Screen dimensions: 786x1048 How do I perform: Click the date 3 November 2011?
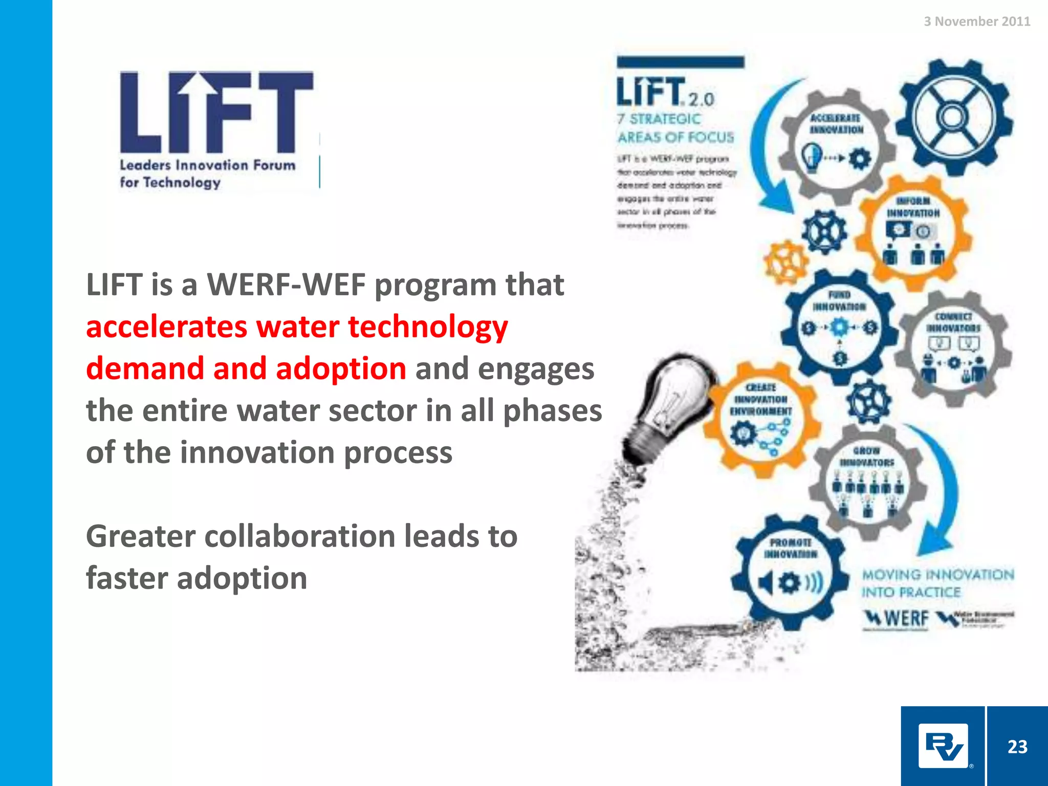[976, 21]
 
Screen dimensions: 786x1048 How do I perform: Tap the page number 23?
[1017, 747]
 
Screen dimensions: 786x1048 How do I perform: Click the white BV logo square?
[943, 746]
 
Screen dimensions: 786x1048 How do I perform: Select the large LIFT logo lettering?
[216, 113]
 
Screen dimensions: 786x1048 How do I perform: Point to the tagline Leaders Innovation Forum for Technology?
[207, 173]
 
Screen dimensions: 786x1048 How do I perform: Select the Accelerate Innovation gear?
[836, 146]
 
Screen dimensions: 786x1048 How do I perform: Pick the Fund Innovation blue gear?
[839, 327]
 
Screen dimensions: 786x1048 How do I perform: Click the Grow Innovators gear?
[867, 481]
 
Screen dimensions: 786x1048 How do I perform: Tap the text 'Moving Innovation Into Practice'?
[937, 583]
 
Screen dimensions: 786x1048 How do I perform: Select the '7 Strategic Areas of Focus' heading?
[675, 128]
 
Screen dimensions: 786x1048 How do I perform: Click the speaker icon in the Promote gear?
[766, 582]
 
